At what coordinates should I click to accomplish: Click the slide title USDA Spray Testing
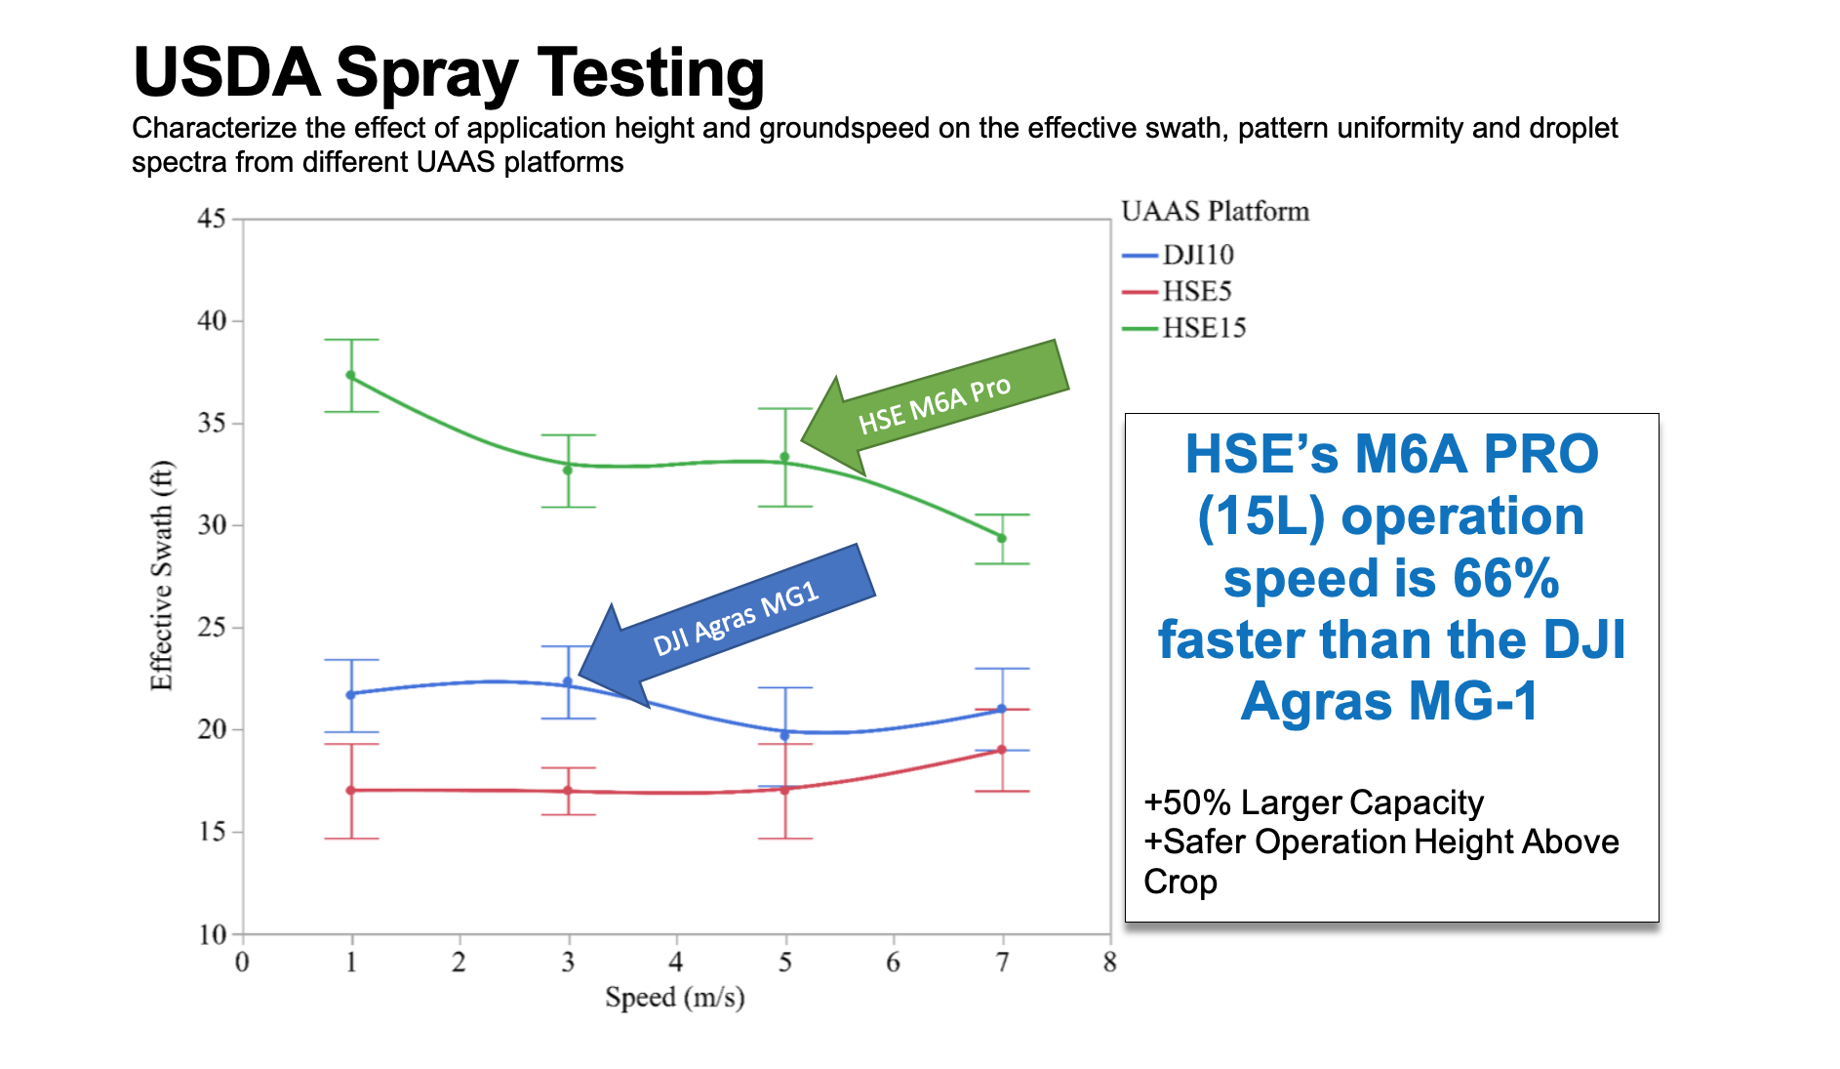click(x=448, y=73)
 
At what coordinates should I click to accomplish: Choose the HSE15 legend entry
click(x=1184, y=328)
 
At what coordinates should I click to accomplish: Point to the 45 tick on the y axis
click(x=212, y=219)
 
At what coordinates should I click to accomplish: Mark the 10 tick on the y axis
click(x=212, y=935)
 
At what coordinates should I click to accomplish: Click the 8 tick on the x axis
click(x=1109, y=964)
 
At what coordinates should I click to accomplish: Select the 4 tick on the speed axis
click(x=675, y=964)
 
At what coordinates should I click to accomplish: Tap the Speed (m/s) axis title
click(x=674, y=998)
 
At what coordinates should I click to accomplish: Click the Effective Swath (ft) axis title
click(x=161, y=576)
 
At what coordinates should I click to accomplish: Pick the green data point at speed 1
click(x=351, y=376)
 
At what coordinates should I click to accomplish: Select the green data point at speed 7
click(x=1002, y=538)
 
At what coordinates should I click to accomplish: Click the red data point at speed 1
click(x=351, y=790)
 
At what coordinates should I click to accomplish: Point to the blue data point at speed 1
click(x=351, y=694)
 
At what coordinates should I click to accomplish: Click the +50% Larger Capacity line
click(x=1313, y=802)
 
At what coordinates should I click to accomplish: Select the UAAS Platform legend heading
click(x=1215, y=212)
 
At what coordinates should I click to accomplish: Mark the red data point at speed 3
click(x=568, y=791)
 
